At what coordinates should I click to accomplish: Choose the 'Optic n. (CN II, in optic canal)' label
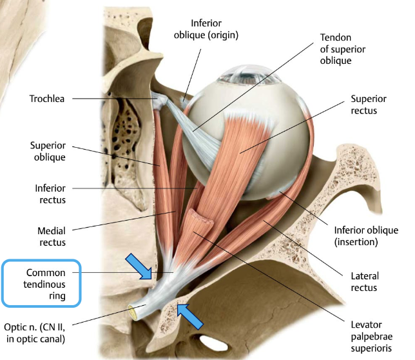(44, 329)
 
